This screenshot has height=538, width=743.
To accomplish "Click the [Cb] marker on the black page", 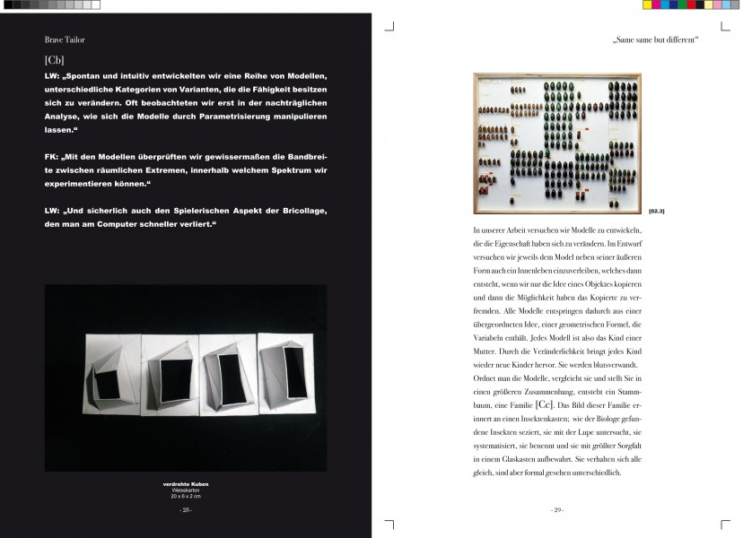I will tap(54, 59).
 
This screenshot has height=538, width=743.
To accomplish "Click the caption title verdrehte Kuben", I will tap(186, 485).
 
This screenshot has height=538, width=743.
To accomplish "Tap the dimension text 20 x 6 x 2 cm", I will tap(186, 496).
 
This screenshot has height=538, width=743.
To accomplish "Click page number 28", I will tap(186, 509).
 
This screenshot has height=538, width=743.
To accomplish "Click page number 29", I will tap(557, 509).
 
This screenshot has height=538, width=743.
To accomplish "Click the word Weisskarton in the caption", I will tap(186, 490).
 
